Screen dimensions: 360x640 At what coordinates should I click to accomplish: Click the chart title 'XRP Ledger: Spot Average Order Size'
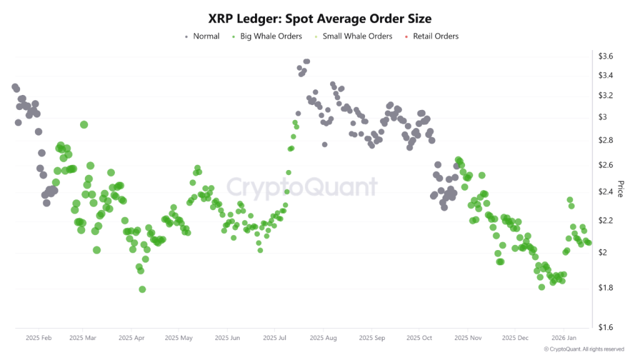[x=319, y=19]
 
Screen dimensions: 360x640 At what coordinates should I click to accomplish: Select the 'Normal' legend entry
[x=206, y=36]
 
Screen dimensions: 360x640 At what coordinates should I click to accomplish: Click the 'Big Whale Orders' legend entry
[x=271, y=36]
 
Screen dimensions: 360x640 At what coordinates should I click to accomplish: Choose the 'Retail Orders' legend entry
[x=435, y=36]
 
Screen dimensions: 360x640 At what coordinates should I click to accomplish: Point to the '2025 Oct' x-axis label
[x=419, y=337]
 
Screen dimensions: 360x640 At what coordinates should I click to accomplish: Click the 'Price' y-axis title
[x=621, y=189]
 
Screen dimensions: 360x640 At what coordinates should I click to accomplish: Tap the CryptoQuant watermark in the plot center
[x=301, y=187]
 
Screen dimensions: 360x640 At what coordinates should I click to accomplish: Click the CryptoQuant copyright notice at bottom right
[x=584, y=349]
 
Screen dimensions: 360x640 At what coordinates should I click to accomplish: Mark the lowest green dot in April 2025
[x=142, y=289]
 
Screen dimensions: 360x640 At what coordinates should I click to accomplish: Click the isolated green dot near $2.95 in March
[x=84, y=124]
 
